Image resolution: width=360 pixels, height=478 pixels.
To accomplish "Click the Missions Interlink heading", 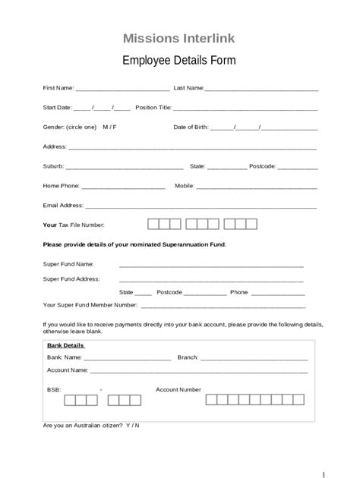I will click(179, 38).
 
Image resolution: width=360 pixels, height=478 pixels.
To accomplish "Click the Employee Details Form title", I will click(179, 60).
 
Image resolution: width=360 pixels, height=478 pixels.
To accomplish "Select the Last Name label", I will click(188, 88).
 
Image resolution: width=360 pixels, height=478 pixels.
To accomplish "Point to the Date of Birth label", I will click(191, 127).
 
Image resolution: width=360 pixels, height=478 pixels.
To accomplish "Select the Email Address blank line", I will click(201, 207).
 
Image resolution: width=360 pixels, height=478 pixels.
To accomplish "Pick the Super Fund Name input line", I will click(211, 266).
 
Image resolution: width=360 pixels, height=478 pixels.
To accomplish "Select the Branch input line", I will click(254, 358).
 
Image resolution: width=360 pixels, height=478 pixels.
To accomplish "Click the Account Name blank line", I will click(199, 373).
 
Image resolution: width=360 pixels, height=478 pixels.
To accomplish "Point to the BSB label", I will click(53, 389).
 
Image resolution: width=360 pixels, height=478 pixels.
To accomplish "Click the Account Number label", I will click(178, 389).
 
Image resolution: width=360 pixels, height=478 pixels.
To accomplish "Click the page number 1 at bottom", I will click(323, 465).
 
